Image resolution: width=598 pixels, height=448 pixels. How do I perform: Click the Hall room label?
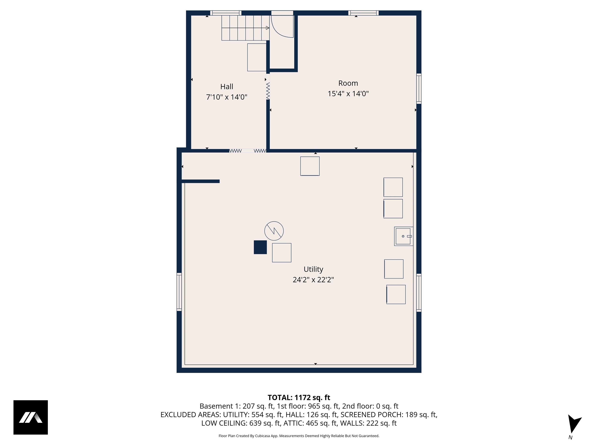pyautogui.click(x=227, y=87)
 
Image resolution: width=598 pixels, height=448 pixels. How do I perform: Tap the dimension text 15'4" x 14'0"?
pyautogui.click(x=348, y=94)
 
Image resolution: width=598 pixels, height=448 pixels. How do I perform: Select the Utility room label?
pyautogui.click(x=313, y=269)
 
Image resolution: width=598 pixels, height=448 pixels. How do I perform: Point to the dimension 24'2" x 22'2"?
pyautogui.click(x=313, y=280)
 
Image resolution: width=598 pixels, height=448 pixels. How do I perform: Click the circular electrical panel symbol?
pyautogui.click(x=274, y=231)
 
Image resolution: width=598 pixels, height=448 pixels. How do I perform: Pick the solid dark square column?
pyautogui.click(x=260, y=247)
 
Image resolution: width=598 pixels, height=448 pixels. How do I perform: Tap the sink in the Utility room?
pyautogui.click(x=403, y=236)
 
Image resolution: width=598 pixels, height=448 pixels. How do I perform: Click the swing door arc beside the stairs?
pyautogui.click(x=281, y=27)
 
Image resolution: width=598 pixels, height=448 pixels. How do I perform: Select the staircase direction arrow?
pyautogui.click(x=267, y=28)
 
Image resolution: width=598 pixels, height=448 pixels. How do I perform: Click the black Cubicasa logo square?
pyautogui.click(x=31, y=417)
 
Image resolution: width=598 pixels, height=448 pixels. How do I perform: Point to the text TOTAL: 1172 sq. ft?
pyautogui.click(x=299, y=397)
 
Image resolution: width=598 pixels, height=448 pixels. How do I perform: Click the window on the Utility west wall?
pyautogui.click(x=179, y=292)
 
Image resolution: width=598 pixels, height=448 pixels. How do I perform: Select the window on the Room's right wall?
pyautogui.click(x=419, y=89)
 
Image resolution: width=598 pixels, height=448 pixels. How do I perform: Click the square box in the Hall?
pyautogui.click(x=257, y=57)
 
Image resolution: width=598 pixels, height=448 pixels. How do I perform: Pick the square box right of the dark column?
pyautogui.click(x=281, y=253)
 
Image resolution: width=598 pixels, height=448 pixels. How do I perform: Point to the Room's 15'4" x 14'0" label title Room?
pyautogui.click(x=348, y=83)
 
